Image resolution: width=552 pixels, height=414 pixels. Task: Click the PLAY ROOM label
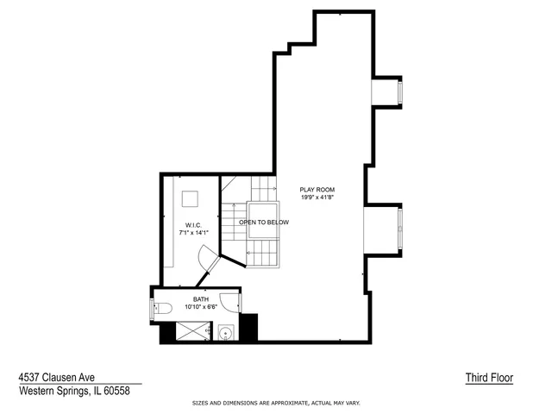[317, 189]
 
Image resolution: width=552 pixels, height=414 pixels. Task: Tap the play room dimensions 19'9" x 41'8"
[317, 197]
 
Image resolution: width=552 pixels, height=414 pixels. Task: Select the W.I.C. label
[193, 225]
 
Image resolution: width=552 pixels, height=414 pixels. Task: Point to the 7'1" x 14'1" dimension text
[193, 233]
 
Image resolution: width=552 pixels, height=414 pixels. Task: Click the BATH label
[200, 299]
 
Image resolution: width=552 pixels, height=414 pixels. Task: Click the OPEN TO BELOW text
[264, 222]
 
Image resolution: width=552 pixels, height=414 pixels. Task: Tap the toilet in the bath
[160, 308]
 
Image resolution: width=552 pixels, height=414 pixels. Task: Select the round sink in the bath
[225, 332]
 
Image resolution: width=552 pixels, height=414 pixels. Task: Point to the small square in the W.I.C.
[190, 198]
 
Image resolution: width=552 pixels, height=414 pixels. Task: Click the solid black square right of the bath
[248, 328]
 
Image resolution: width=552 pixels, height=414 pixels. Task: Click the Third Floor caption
[489, 378]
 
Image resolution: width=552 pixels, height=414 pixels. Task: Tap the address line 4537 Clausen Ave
[57, 377]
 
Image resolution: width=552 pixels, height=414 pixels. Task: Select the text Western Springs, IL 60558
[74, 391]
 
